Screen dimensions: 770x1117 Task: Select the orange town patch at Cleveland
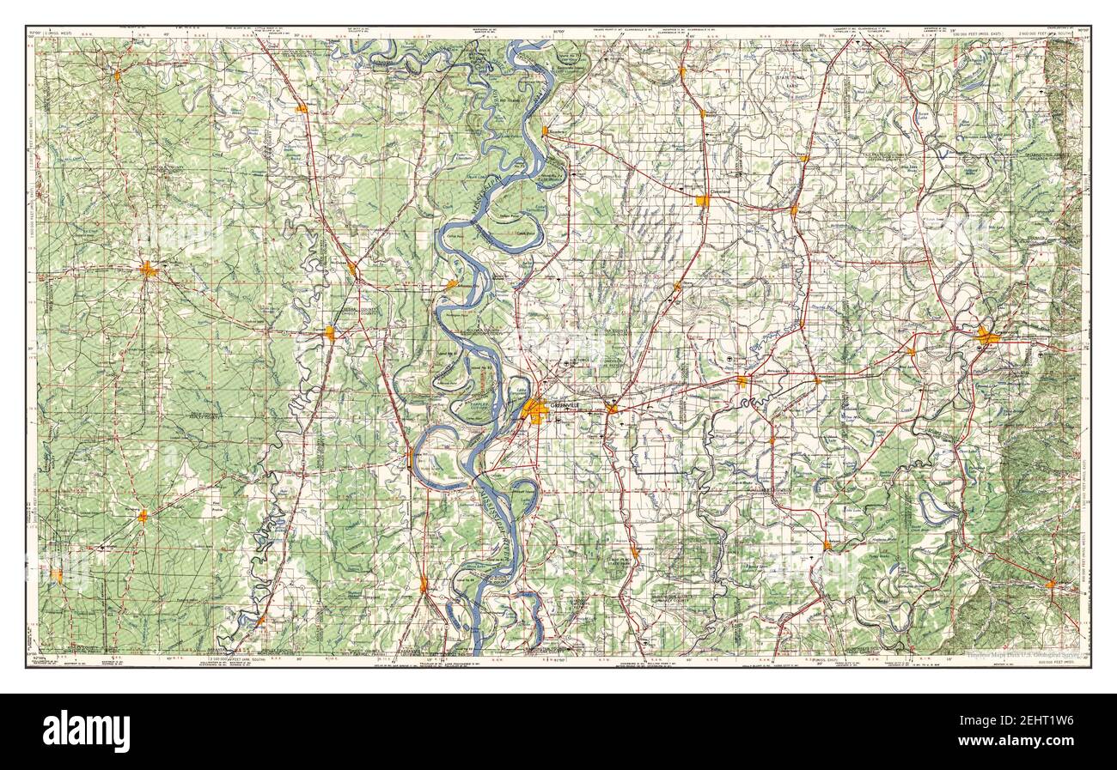coord(703,201)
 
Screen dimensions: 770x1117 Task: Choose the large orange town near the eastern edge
coord(988,338)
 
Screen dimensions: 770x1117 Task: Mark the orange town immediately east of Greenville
coord(611,409)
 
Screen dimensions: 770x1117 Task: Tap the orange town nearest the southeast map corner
coord(1051,585)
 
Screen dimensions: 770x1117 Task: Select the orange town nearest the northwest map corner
coord(118,76)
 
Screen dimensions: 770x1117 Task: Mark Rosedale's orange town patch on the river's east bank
coord(545,131)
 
